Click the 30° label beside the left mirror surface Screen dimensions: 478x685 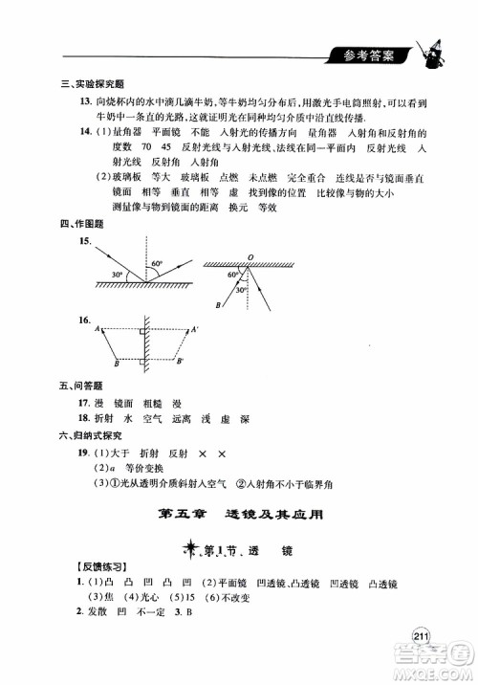[x=118, y=275]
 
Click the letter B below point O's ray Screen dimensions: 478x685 [x=219, y=305]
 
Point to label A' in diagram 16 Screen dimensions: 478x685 [x=194, y=329]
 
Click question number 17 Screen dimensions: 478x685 [x=85, y=403]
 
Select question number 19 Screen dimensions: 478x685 [x=85, y=451]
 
